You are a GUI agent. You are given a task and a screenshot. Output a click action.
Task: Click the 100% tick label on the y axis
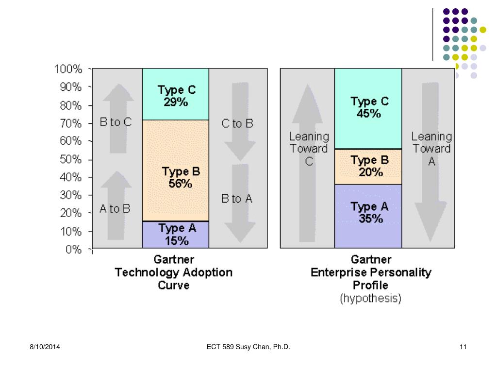(x=67, y=69)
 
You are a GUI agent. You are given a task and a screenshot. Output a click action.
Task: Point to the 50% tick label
(x=70, y=159)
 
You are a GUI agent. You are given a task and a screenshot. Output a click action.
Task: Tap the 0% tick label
(x=73, y=250)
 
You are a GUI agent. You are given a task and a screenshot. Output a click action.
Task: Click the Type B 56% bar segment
(x=175, y=170)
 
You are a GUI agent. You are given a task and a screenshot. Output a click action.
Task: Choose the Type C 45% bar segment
(x=368, y=108)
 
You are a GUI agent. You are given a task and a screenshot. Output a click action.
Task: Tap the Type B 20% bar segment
(x=368, y=166)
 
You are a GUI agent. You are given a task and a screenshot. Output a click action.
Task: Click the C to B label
(x=237, y=123)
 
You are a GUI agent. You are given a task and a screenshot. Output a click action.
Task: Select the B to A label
(x=237, y=198)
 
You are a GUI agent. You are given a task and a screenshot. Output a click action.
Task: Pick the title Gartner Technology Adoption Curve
(x=173, y=272)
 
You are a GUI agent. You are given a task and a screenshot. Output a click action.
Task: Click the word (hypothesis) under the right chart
(x=370, y=299)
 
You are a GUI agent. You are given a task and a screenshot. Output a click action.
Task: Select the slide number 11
(x=463, y=346)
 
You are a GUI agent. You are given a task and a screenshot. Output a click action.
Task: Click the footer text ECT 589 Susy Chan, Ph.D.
(x=248, y=346)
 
